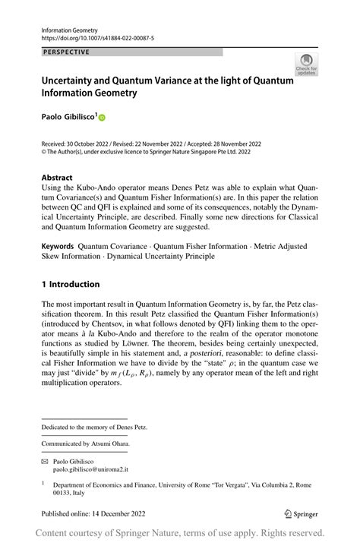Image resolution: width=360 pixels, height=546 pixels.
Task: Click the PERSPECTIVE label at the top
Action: pos(66,52)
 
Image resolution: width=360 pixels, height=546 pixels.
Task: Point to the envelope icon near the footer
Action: pos(45,461)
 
